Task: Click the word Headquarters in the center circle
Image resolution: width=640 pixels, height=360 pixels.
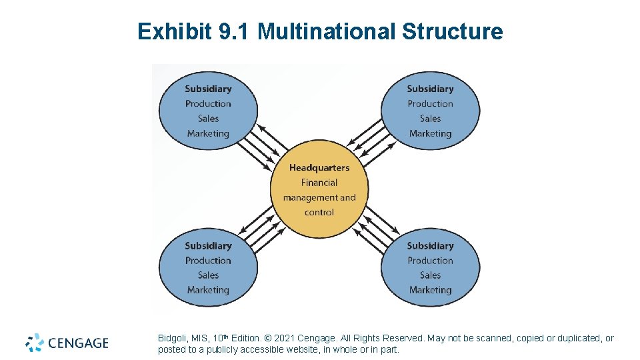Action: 319,167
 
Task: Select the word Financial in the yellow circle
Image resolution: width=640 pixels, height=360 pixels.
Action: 319,183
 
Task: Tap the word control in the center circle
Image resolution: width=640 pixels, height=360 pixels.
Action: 319,213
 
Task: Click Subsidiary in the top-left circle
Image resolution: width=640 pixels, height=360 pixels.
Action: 208,89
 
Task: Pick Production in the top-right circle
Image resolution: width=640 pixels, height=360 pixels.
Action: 430,104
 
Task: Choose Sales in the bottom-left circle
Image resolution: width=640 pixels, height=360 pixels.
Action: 208,275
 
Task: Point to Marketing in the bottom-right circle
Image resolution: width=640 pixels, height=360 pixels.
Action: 430,290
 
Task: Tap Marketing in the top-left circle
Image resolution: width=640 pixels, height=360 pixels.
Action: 208,133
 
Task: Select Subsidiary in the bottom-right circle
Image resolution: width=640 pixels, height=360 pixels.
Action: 430,246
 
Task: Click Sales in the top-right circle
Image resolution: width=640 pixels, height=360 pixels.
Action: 430,119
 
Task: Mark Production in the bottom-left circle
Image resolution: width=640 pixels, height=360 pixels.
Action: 208,261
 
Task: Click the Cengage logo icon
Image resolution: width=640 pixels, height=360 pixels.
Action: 35,343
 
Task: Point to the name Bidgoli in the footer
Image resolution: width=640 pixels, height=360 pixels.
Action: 173,339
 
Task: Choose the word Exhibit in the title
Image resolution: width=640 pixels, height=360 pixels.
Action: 175,31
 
